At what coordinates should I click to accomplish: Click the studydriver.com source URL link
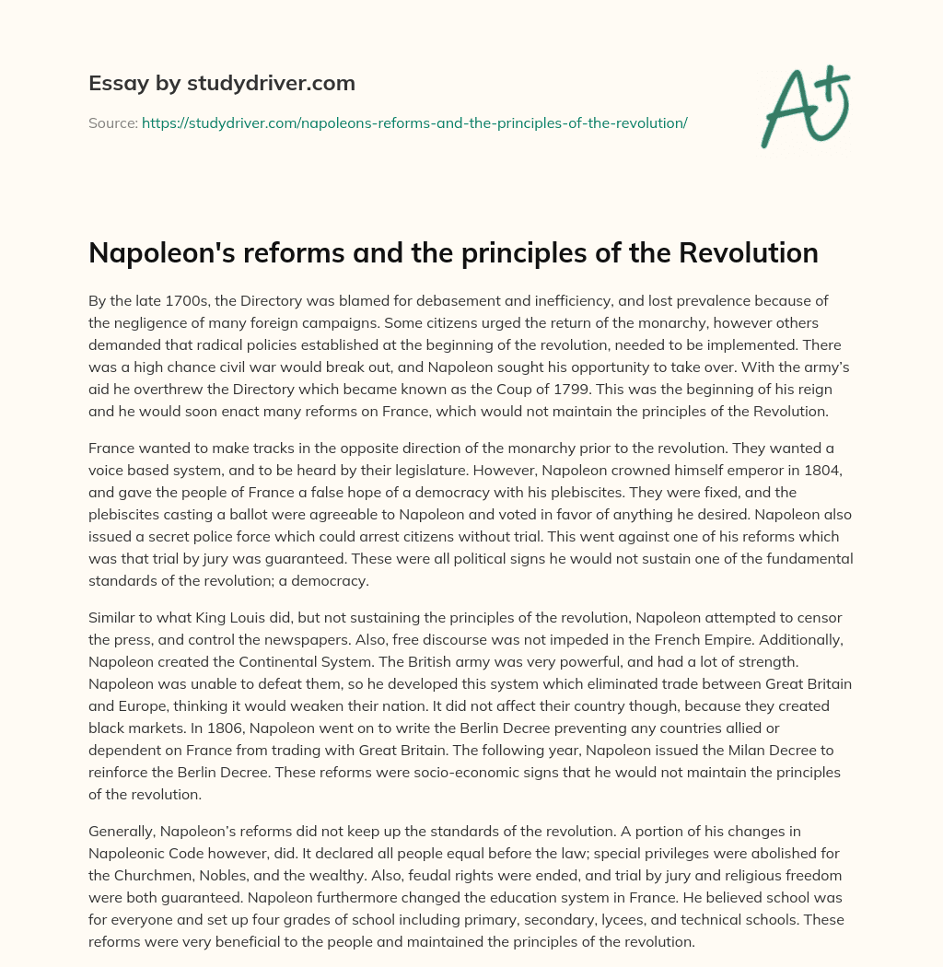point(414,122)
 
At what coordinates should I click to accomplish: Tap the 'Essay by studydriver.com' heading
point(222,83)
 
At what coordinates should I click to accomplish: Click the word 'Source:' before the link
point(112,122)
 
